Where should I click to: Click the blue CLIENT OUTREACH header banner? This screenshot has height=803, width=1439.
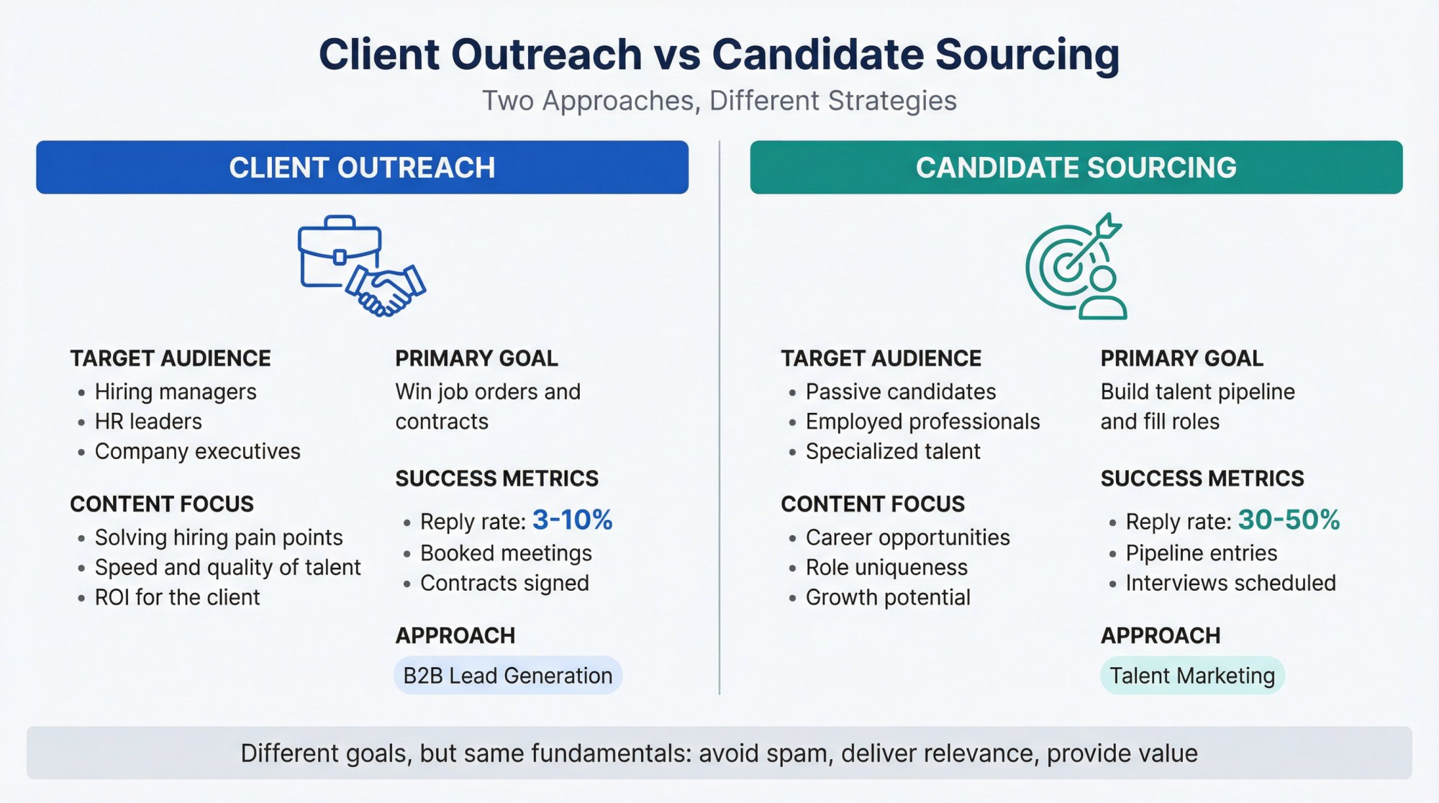pyautogui.click(x=362, y=168)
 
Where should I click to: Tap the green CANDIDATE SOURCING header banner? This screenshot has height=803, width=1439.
pyautogui.click(x=1076, y=168)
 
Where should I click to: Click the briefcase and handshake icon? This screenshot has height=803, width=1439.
pyautogui.click(x=361, y=266)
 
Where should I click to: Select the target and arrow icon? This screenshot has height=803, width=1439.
pyautogui.click(x=1076, y=266)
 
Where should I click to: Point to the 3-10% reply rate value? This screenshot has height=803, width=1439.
pyautogui.click(x=572, y=520)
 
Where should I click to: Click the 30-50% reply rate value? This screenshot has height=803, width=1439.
pyautogui.click(x=1289, y=520)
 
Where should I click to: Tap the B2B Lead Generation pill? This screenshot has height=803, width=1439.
pyautogui.click(x=507, y=676)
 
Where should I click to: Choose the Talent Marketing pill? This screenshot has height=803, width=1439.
pyautogui.click(x=1192, y=676)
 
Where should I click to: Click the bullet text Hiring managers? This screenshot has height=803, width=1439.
pyautogui.click(x=176, y=392)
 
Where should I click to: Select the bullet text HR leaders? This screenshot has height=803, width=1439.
pyautogui.click(x=148, y=422)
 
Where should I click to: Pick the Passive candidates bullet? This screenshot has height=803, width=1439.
pyautogui.click(x=901, y=392)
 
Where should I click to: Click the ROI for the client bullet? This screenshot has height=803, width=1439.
pyautogui.click(x=177, y=597)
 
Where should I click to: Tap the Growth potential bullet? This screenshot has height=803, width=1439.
pyautogui.click(x=888, y=597)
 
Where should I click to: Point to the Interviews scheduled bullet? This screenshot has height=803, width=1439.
pyautogui.click(x=1230, y=583)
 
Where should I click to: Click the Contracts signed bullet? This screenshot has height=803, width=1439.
pyautogui.click(x=504, y=583)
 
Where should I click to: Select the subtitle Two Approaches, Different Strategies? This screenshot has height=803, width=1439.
pyautogui.click(x=719, y=101)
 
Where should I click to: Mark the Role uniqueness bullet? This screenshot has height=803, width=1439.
pyautogui.click(x=886, y=568)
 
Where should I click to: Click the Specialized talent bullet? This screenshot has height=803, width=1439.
pyautogui.click(x=893, y=451)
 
